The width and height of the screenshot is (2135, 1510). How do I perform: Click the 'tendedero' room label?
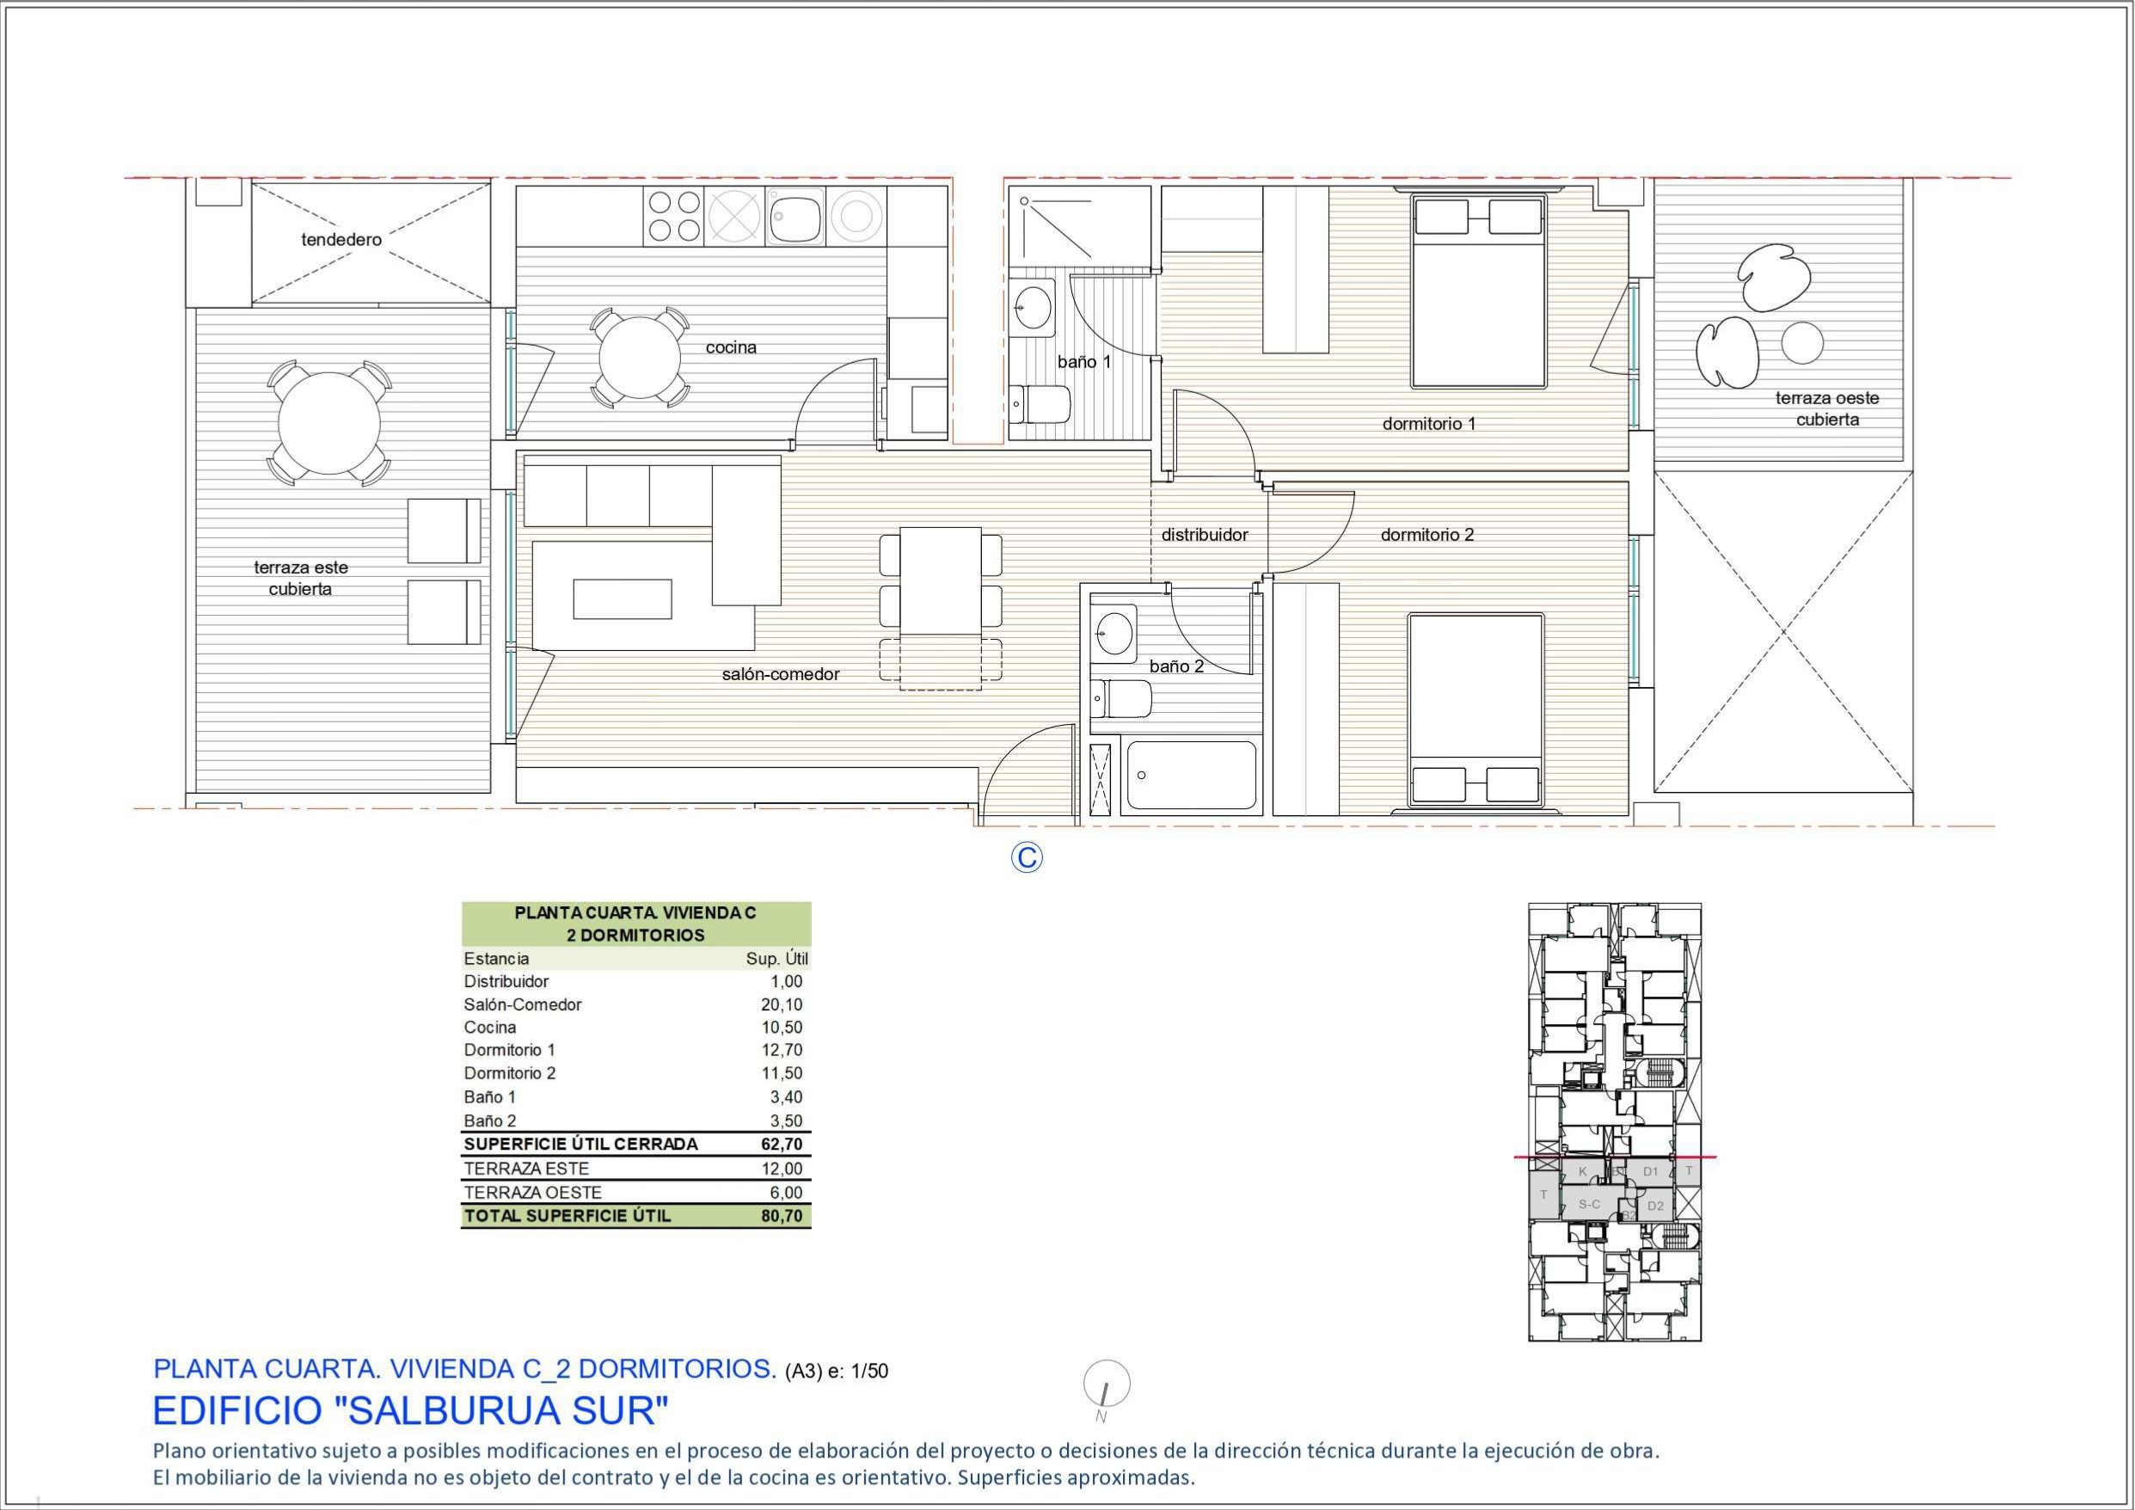click(341, 240)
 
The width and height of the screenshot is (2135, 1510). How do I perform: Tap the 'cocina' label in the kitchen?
click(731, 347)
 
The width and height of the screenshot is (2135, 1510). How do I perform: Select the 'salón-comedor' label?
click(780, 674)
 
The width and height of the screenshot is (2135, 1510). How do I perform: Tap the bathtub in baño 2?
click(1191, 775)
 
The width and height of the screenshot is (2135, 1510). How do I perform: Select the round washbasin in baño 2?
click(1113, 633)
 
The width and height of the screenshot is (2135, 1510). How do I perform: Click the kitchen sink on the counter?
click(795, 217)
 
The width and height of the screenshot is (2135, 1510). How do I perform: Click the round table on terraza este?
click(329, 424)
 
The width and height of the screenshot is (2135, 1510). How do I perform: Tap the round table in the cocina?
click(640, 357)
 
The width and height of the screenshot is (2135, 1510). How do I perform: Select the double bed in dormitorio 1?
click(1478, 289)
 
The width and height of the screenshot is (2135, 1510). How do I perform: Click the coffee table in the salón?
click(622, 598)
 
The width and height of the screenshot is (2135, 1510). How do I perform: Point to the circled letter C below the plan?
click(1027, 856)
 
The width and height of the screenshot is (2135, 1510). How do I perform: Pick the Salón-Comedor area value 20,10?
click(781, 1004)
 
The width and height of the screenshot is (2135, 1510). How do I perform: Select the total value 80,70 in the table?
click(781, 1215)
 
